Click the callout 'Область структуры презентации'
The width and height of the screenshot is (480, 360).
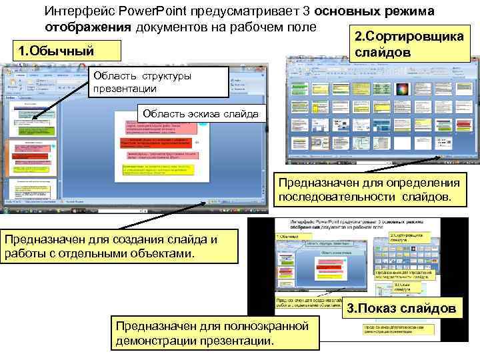pyautogui.click(x=143, y=82)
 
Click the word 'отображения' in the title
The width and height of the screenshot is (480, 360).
pyautogui.click(x=87, y=26)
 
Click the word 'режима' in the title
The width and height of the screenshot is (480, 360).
pyautogui.click(x=411, y=11)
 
